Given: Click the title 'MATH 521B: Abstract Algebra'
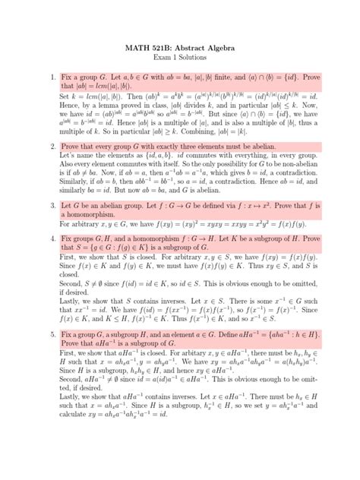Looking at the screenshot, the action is tap(180, 48).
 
